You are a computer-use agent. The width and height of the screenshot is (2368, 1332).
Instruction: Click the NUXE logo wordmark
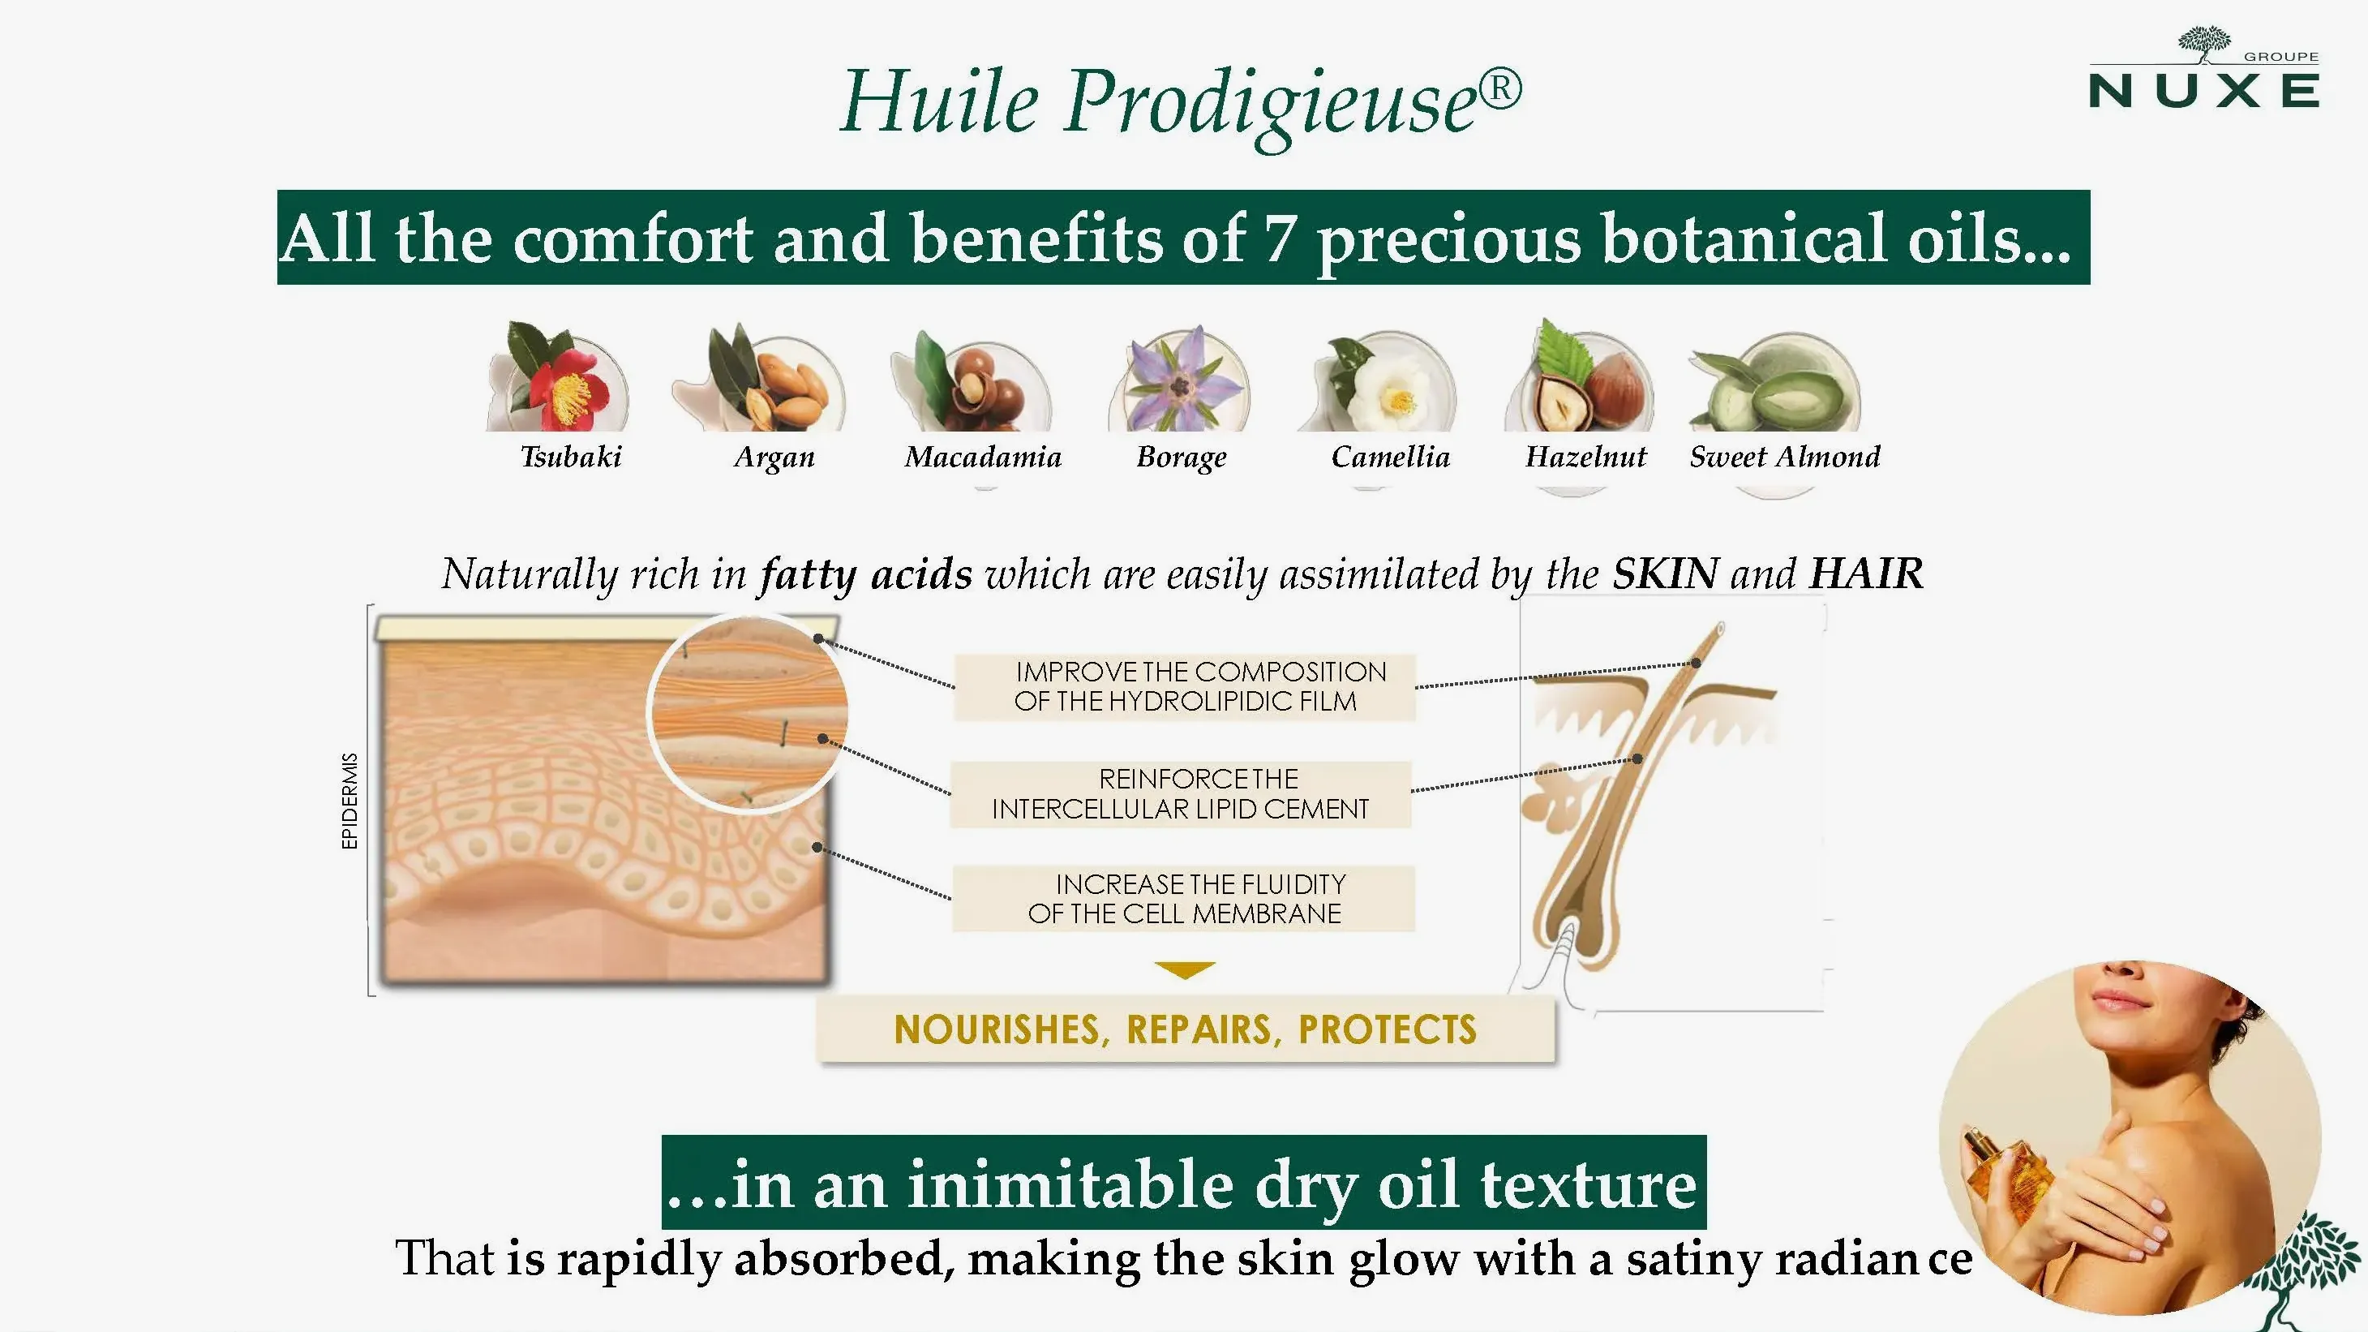2203,91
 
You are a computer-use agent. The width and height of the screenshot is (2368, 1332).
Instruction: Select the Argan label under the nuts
774,457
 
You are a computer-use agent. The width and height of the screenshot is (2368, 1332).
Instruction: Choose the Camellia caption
1390,456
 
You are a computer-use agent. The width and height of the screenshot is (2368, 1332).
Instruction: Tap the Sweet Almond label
1784,456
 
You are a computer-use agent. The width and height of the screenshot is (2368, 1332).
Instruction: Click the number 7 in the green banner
1280,238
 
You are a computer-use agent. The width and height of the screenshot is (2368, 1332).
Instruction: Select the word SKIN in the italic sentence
1665,574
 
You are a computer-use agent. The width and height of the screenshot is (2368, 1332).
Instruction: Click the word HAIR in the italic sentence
1866,574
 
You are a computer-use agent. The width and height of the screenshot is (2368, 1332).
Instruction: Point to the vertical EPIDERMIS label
350,801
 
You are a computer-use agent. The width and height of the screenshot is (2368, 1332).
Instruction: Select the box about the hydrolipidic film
1184,686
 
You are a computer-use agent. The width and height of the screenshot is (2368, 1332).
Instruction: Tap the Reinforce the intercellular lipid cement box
1180,794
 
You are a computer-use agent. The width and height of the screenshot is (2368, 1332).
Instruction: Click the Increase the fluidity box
1183,899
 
